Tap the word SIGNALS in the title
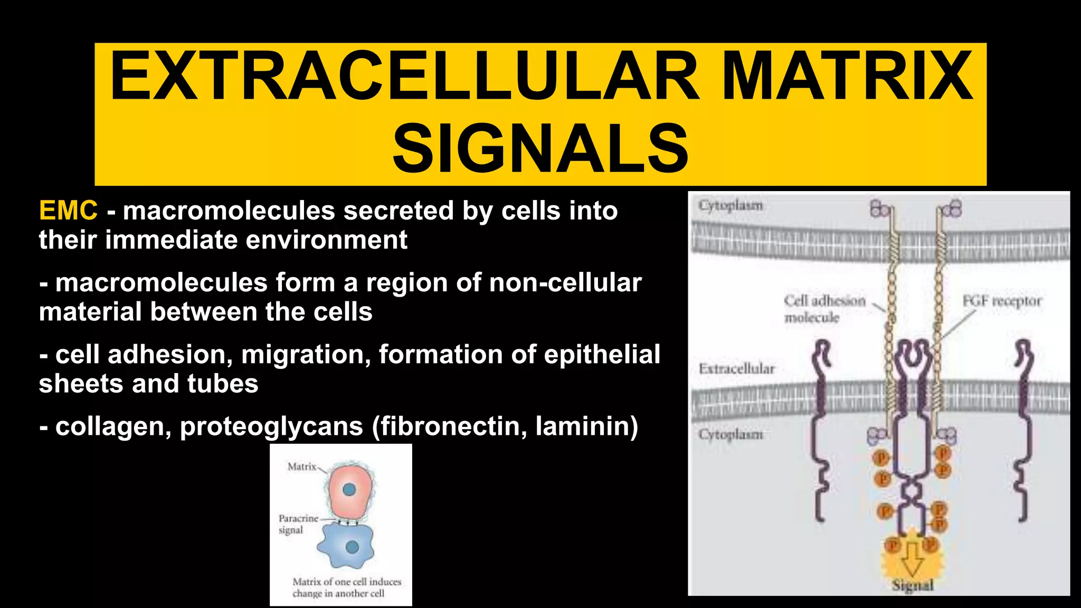[540, 148]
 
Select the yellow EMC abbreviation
[68, 211]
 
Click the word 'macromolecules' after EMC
[229, 211]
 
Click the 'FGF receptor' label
[1001, 301]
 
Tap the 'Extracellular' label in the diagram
[736, 368]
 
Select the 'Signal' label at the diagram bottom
[913, 585]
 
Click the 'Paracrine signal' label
[298, 524]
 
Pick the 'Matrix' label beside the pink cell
[301, 467]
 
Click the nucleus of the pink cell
[349, 490]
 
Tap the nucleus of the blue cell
[352, 547]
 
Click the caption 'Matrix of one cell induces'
[347, 582]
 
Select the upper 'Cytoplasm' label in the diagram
[731, 205]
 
